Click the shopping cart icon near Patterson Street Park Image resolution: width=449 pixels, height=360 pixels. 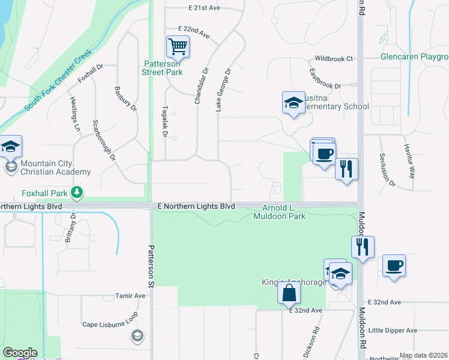pos(178,46)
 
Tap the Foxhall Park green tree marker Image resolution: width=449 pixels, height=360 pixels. pos(77,193)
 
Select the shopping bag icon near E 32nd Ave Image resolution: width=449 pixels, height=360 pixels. pos(289,293)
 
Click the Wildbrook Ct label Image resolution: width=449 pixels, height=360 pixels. pos(334,59)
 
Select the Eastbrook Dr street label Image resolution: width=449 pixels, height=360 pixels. pos(325,79)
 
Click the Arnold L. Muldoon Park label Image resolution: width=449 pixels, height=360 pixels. pos(284,212)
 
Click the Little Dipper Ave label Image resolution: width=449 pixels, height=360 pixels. pos(393,331)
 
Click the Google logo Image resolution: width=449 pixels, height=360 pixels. pos(20,353)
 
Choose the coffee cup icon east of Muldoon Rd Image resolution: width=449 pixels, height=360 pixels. pos(393,266)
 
